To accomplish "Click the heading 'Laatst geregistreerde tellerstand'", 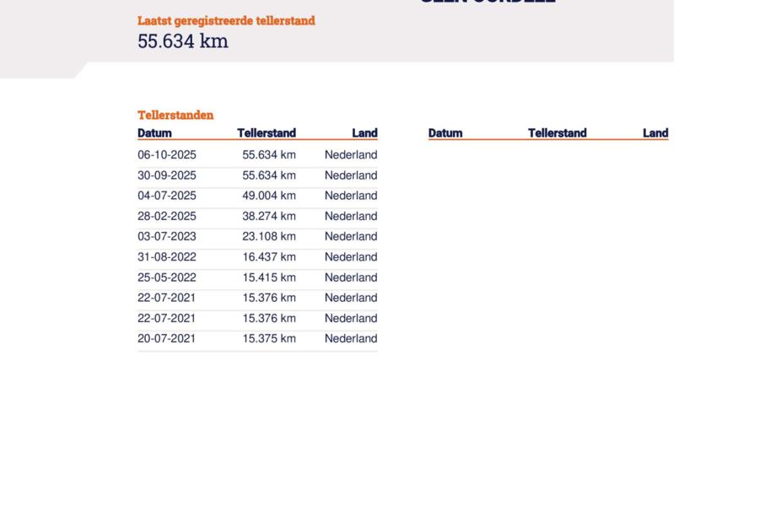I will click(226, 21).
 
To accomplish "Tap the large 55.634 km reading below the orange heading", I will click(183, 41).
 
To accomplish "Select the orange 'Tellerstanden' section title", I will click(175, 116).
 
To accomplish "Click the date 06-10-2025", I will click(167, 155).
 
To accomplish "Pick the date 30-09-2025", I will click(167, 175).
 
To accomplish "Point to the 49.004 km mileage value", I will click(269, 196).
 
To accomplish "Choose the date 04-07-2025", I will click(167, 196).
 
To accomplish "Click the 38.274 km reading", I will click(269, 216).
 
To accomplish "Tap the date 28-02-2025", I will click(167, 216).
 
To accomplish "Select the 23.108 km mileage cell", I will click(269, 237).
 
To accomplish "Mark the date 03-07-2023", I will click(167, 237).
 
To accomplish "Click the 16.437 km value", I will click(269, 257).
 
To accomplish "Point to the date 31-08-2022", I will click(167, 257).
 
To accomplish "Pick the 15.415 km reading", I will click(269, 277).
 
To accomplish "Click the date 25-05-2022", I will click(167, 277).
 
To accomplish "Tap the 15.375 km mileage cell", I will click(269, 339).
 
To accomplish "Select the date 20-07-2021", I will click(167, 339).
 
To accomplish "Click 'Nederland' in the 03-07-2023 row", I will click(351, 237).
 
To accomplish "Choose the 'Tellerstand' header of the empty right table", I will click(557, 133).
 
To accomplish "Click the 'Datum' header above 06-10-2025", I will click(154, 133).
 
